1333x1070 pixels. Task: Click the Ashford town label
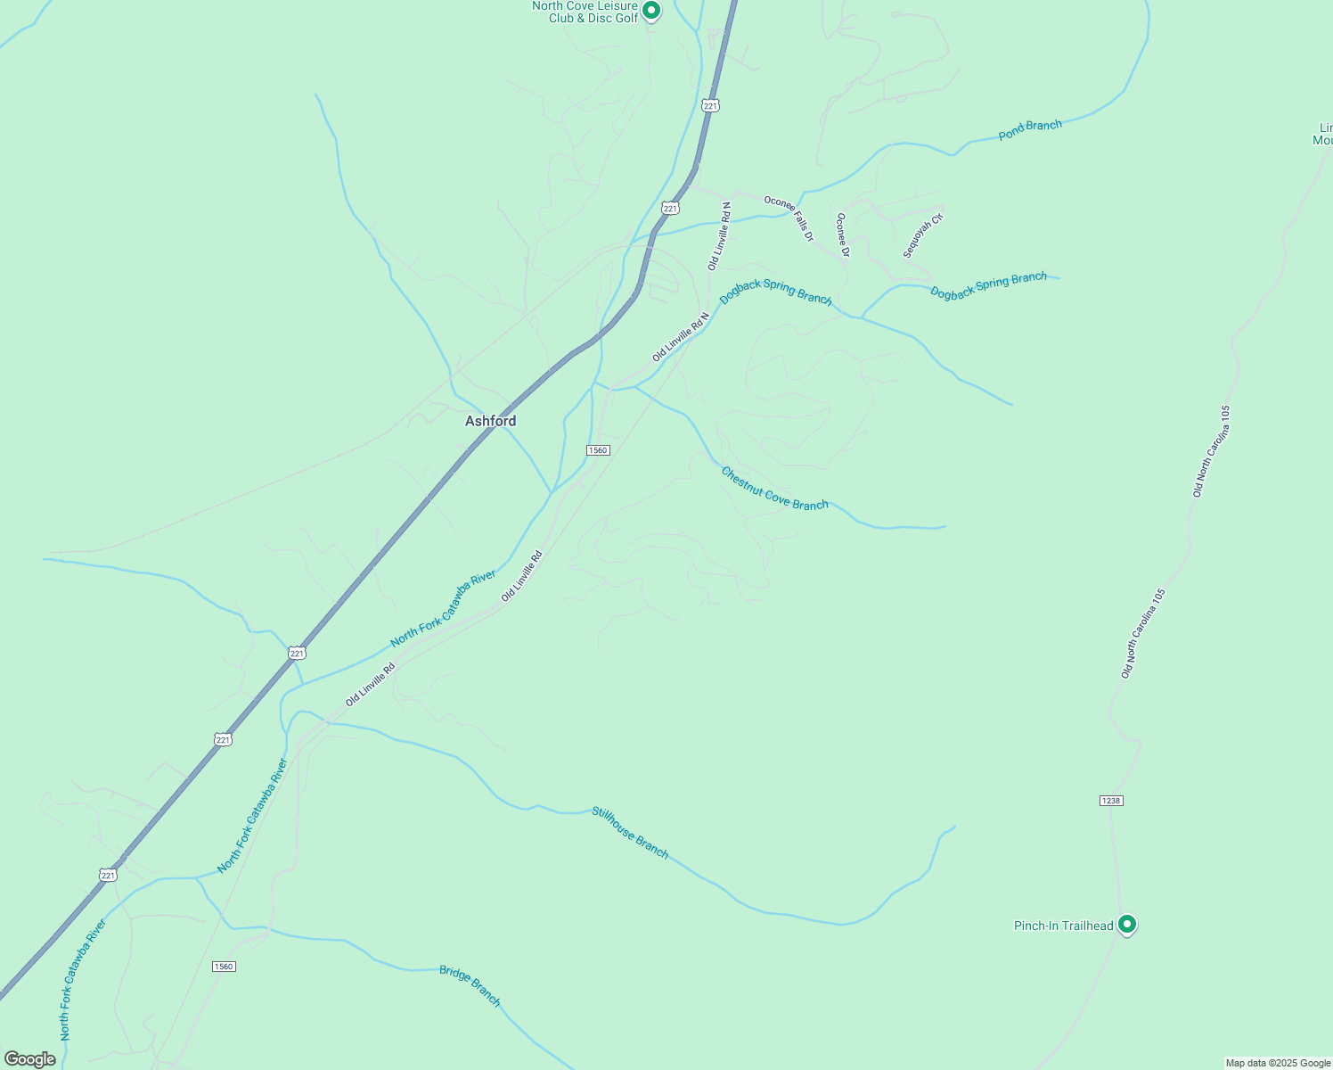pos(490,421)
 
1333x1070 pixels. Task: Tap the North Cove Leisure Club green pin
pos(651,11)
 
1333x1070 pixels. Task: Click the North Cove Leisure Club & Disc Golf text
pos(585,12)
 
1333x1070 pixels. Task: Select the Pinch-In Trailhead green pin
pos(1126,925)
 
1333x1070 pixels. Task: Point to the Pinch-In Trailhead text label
pos(1063,926)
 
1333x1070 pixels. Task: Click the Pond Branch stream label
pos(1030,129)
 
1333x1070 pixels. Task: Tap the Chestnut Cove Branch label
pos(774,489)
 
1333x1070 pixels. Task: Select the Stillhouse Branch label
pos(630,832)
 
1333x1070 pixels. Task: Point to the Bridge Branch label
pos(470,985)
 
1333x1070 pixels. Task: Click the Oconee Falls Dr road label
pos(789,218)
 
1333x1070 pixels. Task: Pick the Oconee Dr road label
pos(842,235)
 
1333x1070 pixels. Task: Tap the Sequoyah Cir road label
pos(922,235)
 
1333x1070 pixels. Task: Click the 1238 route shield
pos(1110,801)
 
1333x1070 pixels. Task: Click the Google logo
pos(29,1059)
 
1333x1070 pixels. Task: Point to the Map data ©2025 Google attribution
pos(1277,1063)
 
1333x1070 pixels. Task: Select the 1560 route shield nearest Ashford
pos(598,450)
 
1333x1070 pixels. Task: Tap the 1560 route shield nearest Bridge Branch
pos(224,967)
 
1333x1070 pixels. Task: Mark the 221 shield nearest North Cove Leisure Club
pos(710,105)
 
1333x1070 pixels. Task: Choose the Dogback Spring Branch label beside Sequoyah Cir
pos(988,285)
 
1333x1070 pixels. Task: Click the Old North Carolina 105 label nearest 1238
pos(1143,633)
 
